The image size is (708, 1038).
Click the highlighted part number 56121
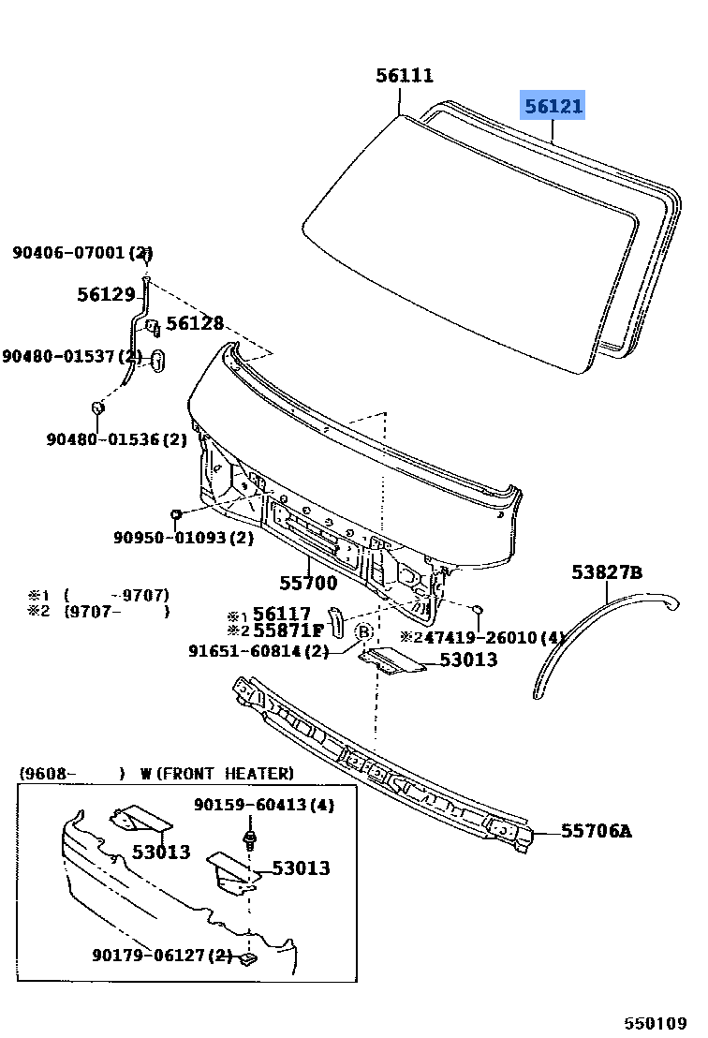(x=553, y=107)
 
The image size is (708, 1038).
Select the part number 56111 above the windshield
(x=405, y=77)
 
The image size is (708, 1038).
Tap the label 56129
(x=106, y=294)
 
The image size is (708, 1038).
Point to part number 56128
(x=195, y=323)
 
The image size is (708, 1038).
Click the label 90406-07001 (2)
(x=82, y=253)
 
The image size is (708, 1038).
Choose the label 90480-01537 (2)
(x=71, y=356)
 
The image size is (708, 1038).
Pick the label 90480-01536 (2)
(x=117, y=437)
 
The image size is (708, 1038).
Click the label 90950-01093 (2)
(x=184, y=538)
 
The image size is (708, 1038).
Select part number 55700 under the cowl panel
(x=308, y=583)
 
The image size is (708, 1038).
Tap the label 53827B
(x=607, y=572)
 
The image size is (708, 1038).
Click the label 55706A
(x=597, y=830)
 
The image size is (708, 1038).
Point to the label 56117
(x=281, y=614)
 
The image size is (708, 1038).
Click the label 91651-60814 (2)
(x=258, y=650)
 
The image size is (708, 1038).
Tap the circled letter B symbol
(x=364, y=632)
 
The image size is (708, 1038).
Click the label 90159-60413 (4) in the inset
(x=264, y=805)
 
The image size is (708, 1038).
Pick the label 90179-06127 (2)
(x=162, y=955)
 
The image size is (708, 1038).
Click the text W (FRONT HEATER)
(x=216, y=774)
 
